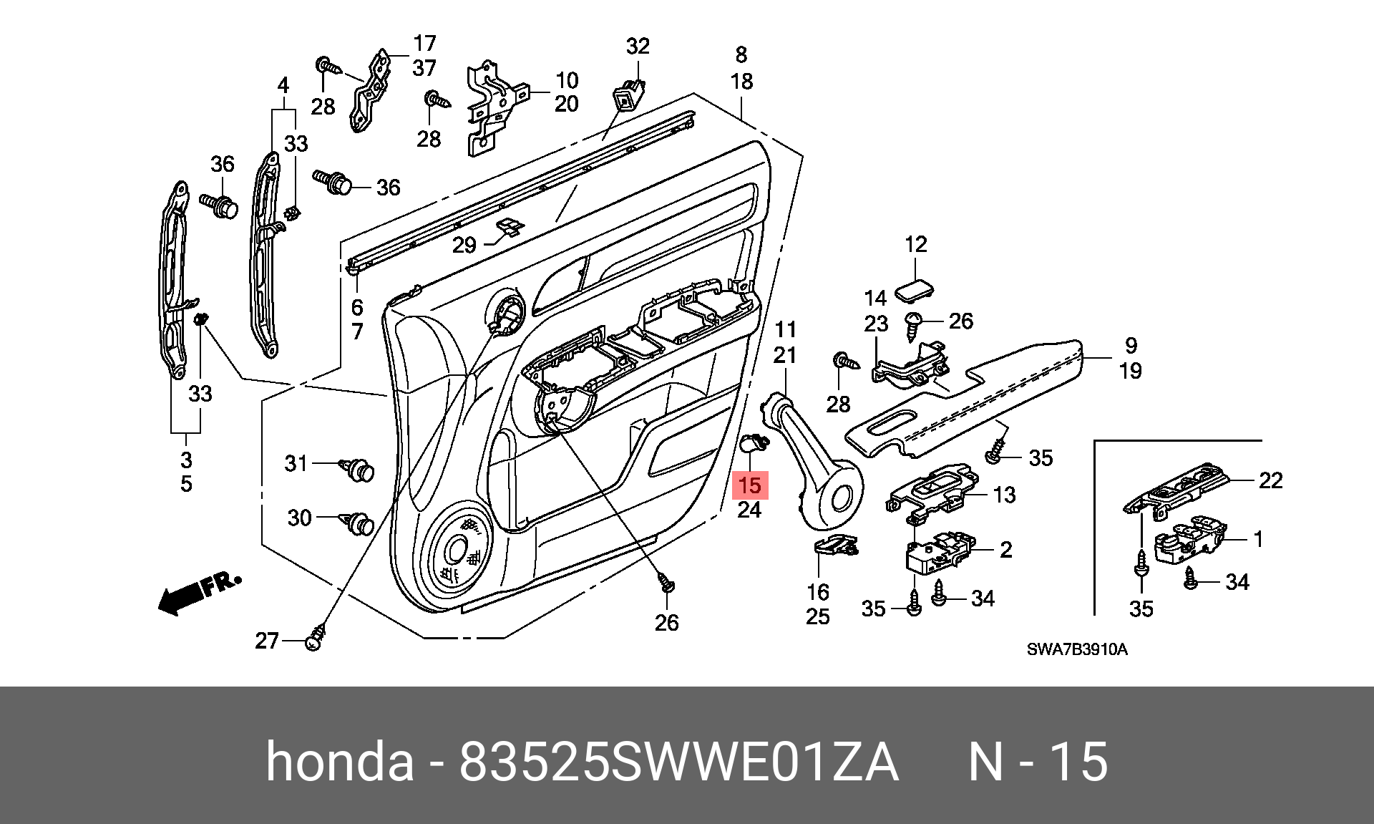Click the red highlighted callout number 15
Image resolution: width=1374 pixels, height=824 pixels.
[x=749, y=485]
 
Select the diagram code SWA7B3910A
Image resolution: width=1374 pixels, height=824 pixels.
[x=1077, y=649]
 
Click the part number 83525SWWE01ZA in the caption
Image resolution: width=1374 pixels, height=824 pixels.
[x=678, y=762]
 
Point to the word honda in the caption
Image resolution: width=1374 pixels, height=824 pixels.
[x=340, y=762]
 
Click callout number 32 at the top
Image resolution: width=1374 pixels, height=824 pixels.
[x=637, y=47]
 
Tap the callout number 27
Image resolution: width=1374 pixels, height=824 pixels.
[x=266, y=640]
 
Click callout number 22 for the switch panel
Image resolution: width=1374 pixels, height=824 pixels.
[x=1270, y=480]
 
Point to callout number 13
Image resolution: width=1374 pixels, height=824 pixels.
[x=1005, y=494]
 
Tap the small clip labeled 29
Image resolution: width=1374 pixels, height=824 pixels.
[x=509, y=228]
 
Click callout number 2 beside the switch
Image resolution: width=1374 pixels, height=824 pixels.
[x=1005, y=550]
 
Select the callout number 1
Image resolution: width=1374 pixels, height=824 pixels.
[x=1258, y=539]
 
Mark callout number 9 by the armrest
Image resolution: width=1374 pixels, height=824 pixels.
[x=1131, y=346]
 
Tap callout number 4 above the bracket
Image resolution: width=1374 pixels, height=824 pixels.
[x=283, y=86]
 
